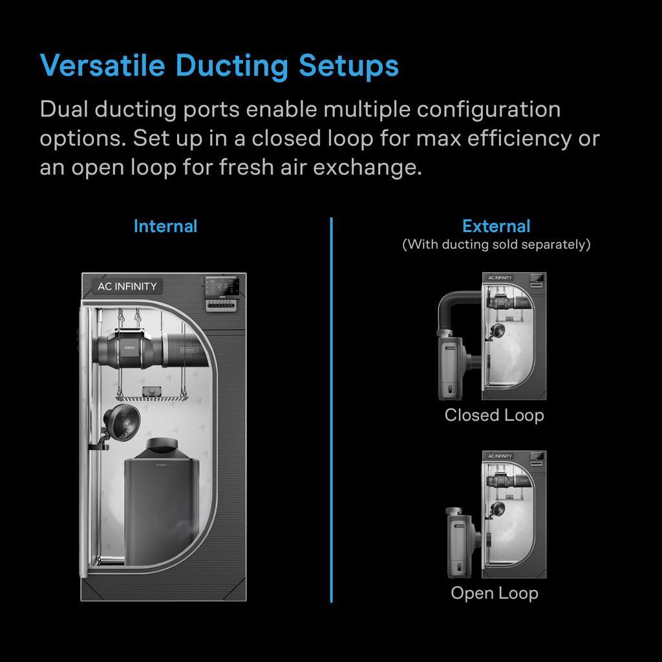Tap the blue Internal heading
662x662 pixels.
click(165, 226)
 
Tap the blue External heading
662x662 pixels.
click(496, 226)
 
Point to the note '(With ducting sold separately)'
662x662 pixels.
click(496, 244)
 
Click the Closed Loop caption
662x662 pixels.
click(494, 415)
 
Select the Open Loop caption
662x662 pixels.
click(494, 593)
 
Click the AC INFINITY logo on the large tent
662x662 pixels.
click(127, 286)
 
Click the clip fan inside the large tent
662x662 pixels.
click(122, 422)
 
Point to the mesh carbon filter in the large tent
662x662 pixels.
click(187, 350)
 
